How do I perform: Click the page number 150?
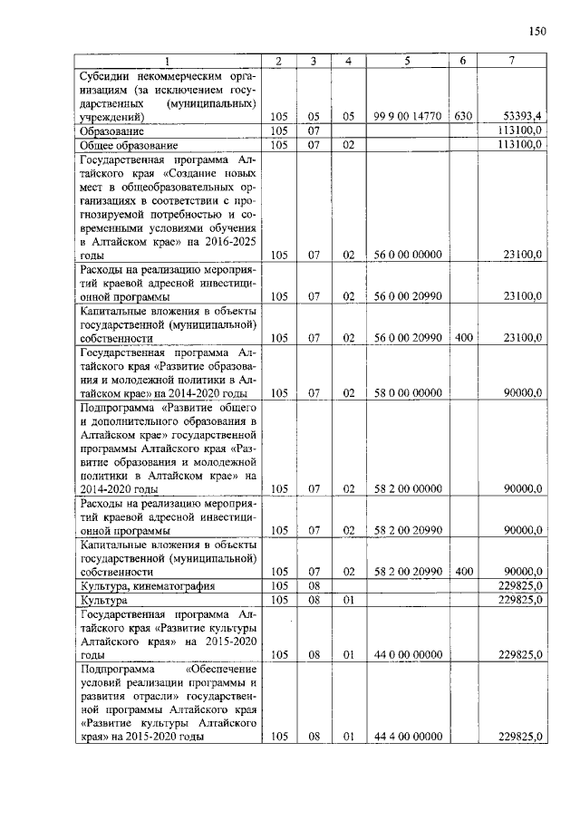537,31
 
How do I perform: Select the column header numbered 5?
407,61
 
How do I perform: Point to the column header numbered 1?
167,61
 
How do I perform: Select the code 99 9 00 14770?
407,117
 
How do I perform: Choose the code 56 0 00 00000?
407,256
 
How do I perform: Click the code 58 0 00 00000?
407,393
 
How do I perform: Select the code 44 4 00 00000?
407,738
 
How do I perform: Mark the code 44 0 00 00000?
407,655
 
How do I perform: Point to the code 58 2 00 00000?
407,489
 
